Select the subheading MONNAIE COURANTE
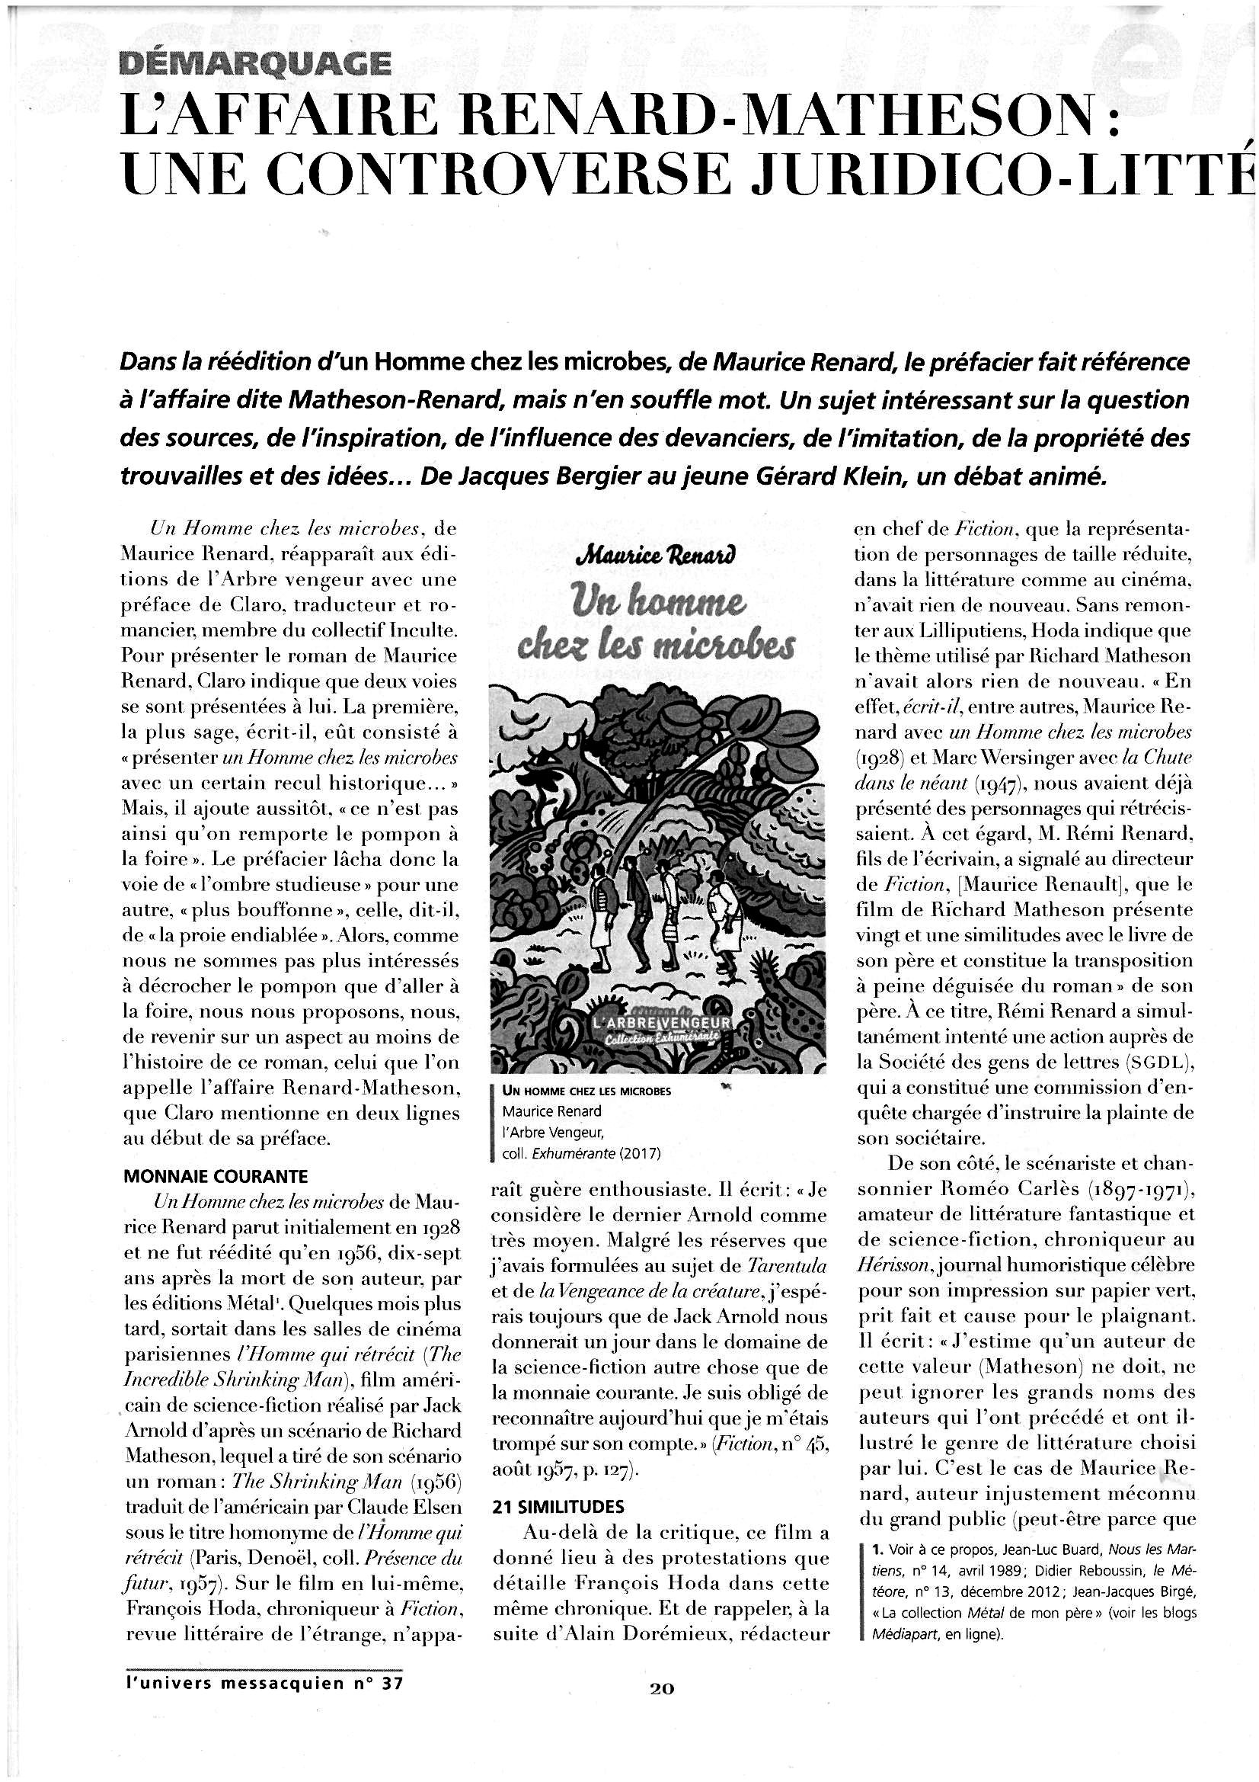(x=216, y=1176)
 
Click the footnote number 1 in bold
(x=877, y=1550)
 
